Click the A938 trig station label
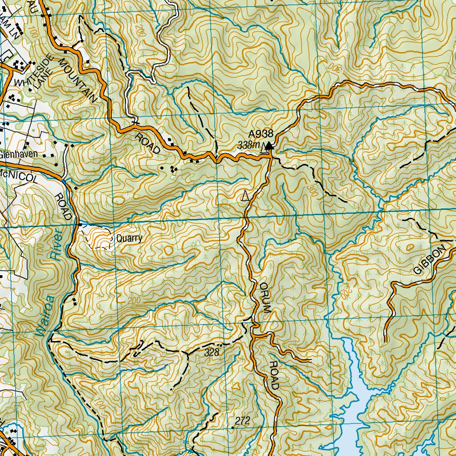point(261,134)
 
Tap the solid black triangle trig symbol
point(269,145)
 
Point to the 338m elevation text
point(248,145)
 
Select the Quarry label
point(129,238)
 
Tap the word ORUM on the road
point(265,298)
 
